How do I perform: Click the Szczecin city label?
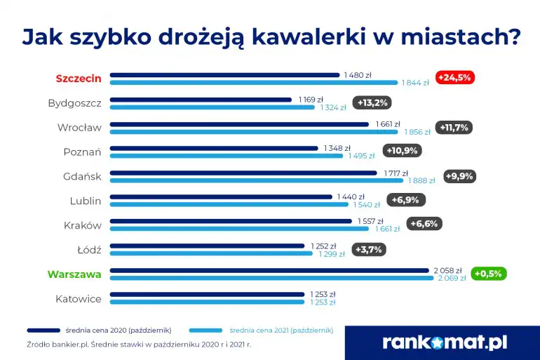(x=79, y=79)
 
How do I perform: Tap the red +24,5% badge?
(x=455, y=78)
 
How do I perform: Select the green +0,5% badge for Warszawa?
(x=488, y=274)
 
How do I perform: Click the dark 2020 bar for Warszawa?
(x=269, y=270)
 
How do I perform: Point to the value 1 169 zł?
(x=311, y=100)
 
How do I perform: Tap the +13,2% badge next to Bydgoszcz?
(x=372, y=103)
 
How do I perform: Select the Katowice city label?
(x=79, y=299)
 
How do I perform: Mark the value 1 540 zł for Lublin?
(x=365, y=205)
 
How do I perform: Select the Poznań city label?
(x=83, y=152)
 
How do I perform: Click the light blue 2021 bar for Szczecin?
(x=253, y=83)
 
